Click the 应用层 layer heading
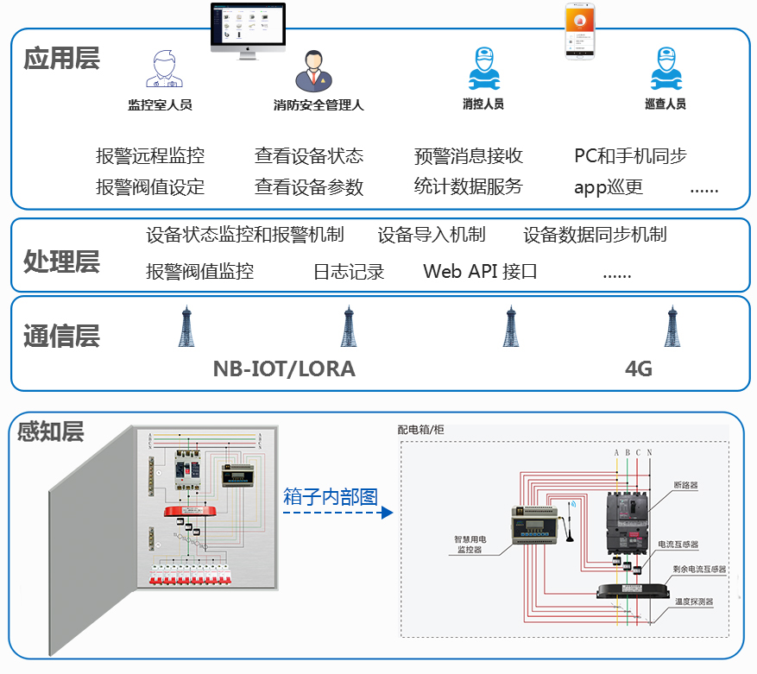(61, 59)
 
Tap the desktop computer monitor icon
(247, 29)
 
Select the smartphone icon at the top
(584, 30)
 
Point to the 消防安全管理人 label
(319, 105)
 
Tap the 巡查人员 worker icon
(666, 69)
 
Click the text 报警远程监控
(150, 156)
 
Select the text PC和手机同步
(631, 156)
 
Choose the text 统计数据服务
(469, 186)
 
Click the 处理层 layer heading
(61, 261)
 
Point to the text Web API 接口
(480, 271)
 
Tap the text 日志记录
(349, 272)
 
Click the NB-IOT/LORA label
(284, 369)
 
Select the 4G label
(638, 369)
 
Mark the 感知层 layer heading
(51, 431)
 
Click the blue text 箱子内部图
(331, 496)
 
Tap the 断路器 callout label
(685, 486)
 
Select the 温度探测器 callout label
(694, 602)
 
